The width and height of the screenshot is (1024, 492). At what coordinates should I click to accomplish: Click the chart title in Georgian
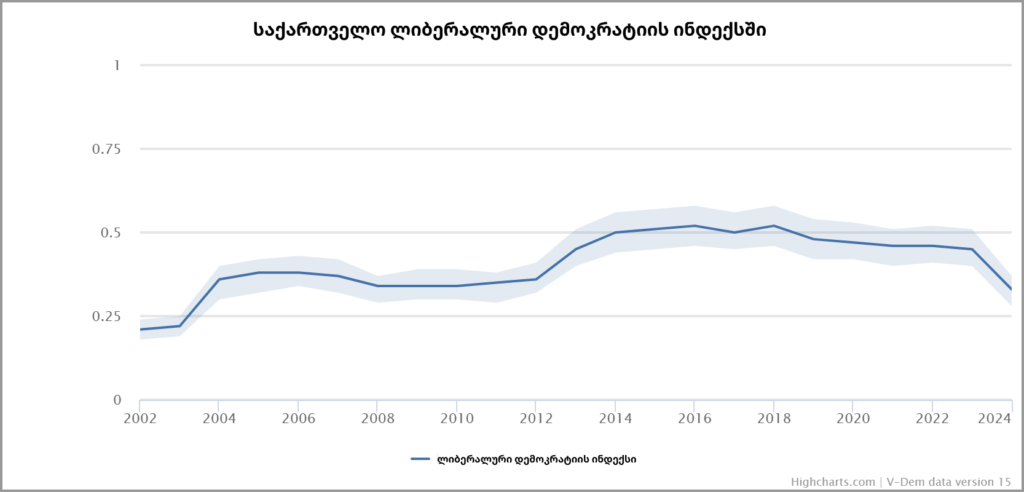(510, 30)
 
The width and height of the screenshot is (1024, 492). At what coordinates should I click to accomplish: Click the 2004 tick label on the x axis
(219, 419)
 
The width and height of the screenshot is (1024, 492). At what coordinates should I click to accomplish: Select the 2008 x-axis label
(377, 419)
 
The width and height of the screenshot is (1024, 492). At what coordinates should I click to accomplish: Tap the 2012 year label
(536, 419)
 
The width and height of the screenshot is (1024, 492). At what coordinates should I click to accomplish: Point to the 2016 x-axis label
(695, 419)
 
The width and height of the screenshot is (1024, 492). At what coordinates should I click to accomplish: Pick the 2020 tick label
(853, 419)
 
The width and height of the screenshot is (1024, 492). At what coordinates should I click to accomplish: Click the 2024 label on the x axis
(994, 419)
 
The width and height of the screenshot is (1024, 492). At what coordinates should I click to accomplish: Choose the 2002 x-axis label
(140, 419)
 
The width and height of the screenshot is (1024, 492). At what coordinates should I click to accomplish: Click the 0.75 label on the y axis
(106, 149)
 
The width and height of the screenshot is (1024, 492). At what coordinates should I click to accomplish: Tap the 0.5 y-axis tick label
(111, 232)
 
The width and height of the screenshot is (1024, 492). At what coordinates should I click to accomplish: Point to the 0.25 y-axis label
(106, 316)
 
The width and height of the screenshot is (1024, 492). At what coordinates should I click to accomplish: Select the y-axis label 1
(117, 65)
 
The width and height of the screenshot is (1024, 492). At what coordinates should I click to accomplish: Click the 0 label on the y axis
(117, 400)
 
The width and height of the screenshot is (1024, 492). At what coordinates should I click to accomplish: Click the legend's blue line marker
(420, 459)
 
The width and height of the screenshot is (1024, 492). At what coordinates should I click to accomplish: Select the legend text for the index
(537, 459)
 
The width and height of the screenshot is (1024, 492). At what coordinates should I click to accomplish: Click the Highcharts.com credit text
(833, 482)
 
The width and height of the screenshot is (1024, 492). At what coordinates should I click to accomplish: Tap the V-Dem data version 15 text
(948, 482)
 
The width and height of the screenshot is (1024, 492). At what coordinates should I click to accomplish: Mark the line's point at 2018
(774, 226)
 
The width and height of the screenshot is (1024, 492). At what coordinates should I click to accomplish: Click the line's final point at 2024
(1011, 289)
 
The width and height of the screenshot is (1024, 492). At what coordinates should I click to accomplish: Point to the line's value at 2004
(219, 279)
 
